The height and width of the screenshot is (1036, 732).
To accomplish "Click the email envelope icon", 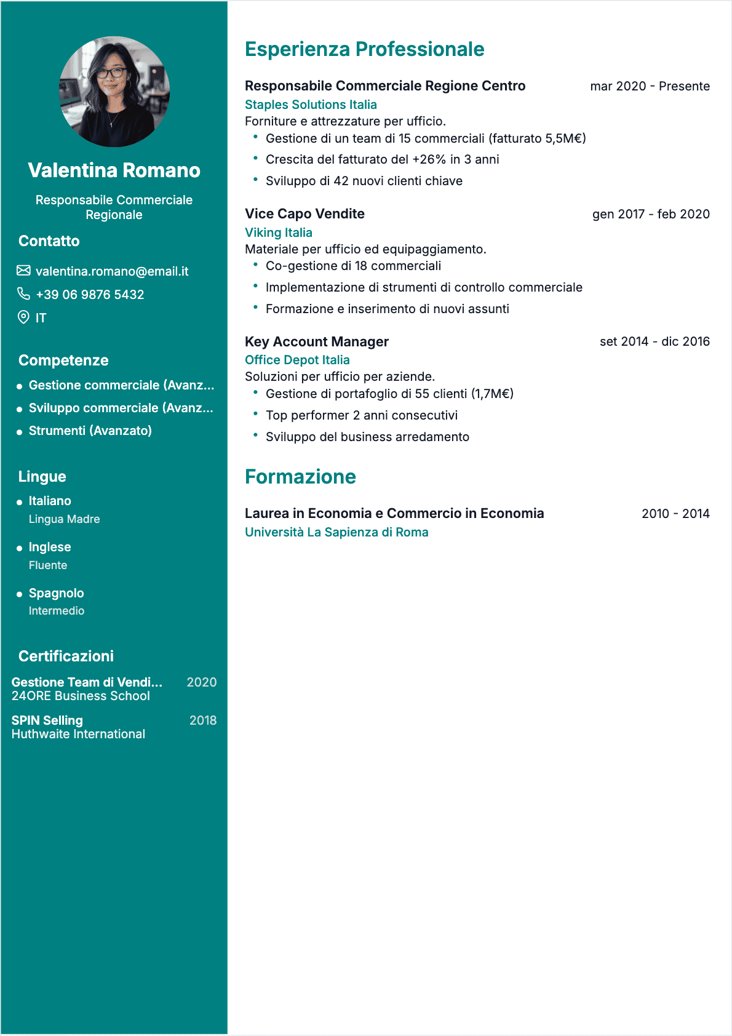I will click(23, 271).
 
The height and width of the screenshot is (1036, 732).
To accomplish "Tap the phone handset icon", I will click(23, 294).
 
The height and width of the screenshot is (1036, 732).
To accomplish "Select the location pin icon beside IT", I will click(23, 317).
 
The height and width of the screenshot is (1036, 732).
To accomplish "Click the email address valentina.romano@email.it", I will click(112, 271).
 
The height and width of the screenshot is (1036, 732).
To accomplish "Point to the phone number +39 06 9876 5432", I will click(90, 295).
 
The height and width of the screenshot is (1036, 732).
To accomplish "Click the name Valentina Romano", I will click(114, 170).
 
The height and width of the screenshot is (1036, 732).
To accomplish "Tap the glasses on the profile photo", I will click(111, 73).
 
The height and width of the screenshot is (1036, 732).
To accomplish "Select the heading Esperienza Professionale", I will click(364, 49).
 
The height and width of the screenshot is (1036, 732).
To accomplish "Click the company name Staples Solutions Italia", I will click(311, 105).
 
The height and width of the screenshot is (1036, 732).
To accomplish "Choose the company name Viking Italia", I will click(279, 233).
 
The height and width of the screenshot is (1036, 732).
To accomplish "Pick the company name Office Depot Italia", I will click(297, 360).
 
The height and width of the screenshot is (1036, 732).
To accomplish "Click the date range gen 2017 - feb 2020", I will click(651, 214).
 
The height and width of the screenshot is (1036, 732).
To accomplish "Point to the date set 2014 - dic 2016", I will click(654, 341).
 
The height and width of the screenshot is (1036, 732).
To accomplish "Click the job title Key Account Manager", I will click(317, 341).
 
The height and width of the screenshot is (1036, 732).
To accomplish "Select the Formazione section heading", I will click(300, 477).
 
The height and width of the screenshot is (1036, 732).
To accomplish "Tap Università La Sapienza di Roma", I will click(336, 532).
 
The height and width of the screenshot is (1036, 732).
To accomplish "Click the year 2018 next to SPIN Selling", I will click(203, 720).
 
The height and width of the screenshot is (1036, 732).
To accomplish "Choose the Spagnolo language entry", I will click(56, 593).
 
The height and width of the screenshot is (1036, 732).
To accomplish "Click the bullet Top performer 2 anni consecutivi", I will click(362, 415).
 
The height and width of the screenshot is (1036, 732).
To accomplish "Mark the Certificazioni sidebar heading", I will click(66, 656).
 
